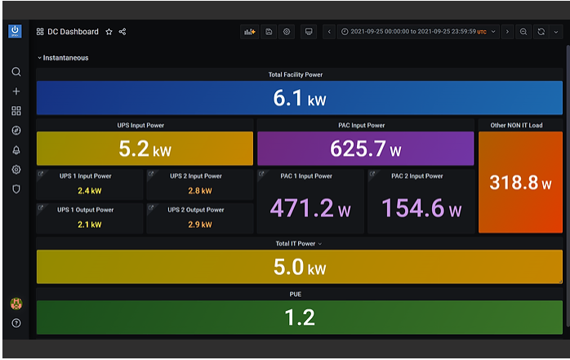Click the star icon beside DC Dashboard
point(109,32)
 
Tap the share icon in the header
point(122,32)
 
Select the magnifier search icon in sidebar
point(16,72)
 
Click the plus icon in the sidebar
point(16,91)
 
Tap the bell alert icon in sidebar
point(16,150)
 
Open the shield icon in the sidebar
point(16,189)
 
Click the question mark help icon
point(16,323)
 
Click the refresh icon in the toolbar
point(541,32)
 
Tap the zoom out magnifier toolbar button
point(523,32)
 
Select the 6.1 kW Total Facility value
point(300,98)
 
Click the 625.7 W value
point(365,149)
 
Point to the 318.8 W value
point(520,182)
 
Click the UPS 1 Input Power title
point(86,176)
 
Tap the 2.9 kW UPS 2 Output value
point(200,224)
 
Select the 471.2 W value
point(310,208)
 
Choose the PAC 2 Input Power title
point(417,176)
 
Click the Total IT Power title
point(295,244)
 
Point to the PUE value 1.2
point(300,318)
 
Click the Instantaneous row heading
point(65,58)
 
